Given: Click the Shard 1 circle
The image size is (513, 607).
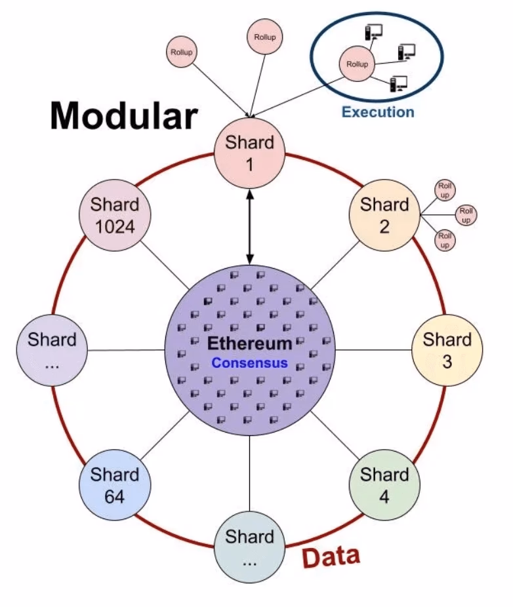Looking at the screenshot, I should (249, 152).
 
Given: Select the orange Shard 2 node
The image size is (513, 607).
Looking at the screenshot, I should (384, 214).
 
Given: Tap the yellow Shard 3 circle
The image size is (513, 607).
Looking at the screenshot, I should (447, 349).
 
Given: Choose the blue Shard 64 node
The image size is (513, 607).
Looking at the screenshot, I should (115, 484).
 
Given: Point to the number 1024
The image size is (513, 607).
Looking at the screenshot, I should (115, 226).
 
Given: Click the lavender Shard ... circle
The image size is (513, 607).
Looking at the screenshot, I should (52, 349).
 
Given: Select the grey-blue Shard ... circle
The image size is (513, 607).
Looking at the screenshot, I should (249, 547).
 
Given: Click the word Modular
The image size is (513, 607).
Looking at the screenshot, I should (123, 116).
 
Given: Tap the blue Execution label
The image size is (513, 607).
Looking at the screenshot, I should (378, 111).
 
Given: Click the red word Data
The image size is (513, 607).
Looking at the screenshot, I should (331, 557).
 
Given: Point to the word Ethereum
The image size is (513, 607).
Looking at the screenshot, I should (249, 343).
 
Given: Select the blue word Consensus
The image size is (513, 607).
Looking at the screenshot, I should (249, 362).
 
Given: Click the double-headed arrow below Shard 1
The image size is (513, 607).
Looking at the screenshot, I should (249, 223).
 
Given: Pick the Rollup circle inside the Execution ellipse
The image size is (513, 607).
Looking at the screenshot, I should (356, 64).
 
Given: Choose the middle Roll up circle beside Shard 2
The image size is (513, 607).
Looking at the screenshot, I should (466, 214).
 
